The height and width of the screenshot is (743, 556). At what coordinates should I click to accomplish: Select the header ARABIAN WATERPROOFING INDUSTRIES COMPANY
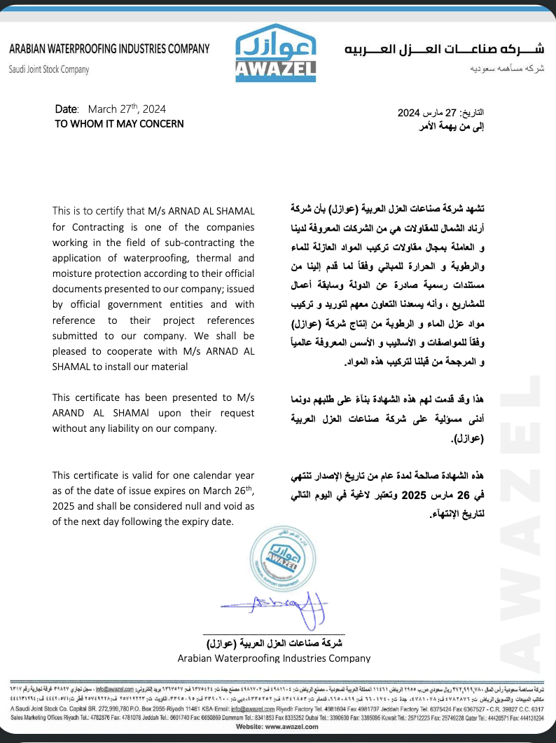(109, 49)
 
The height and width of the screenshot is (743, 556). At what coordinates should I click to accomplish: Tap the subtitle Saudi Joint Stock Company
(49, 69)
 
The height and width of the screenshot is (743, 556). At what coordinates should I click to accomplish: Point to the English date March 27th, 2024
(127, 109)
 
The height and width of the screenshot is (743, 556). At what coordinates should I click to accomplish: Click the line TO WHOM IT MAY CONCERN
(119, 123)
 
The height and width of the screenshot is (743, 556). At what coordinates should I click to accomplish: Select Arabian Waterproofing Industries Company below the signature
(274, 658)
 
